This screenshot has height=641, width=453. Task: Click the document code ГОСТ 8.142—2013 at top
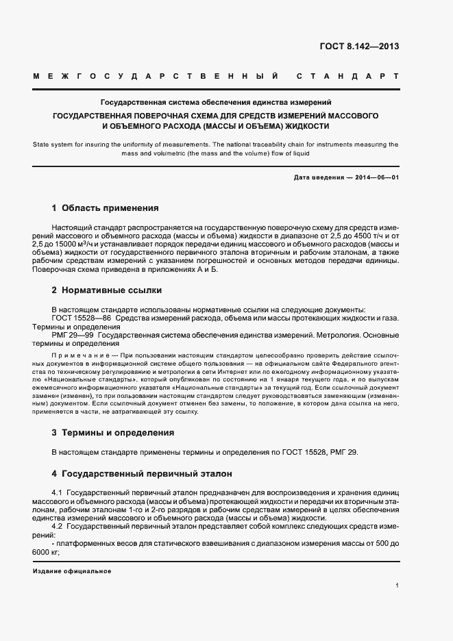coord(358,47)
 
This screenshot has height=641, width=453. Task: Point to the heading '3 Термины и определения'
coord(112,433)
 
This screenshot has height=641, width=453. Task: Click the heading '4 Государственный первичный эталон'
coord(142,473)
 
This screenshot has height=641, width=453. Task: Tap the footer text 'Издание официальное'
coord(71,571)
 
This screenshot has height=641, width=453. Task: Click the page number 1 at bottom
coord(397,586)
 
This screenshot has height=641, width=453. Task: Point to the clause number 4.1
coord(58,493)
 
